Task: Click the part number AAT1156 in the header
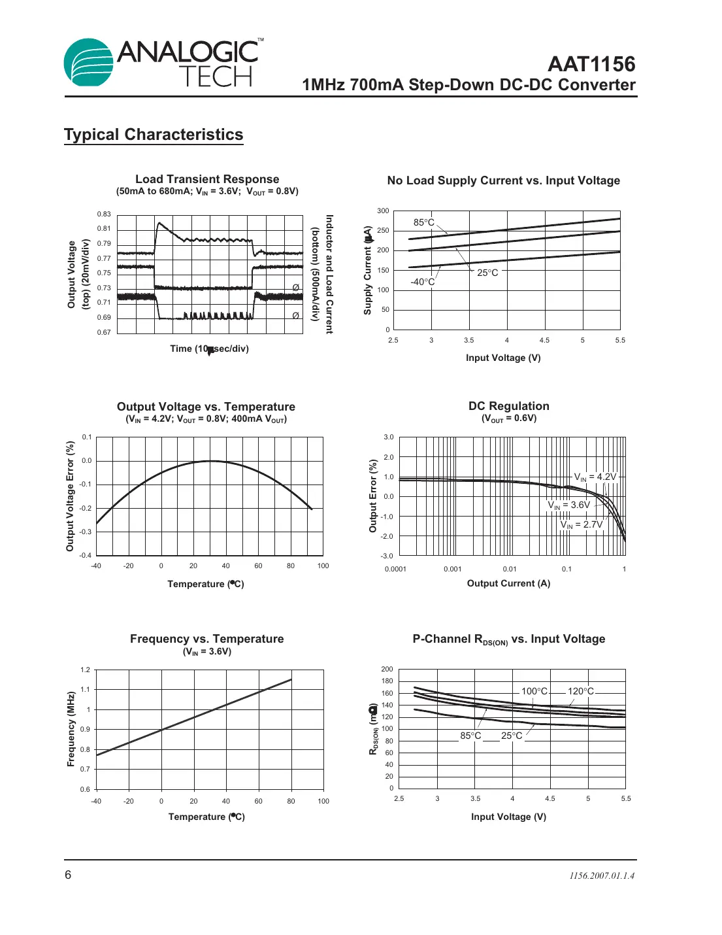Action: click(x=591, y=64)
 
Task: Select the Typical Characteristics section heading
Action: click(x=154, y=135)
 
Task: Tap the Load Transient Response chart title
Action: click(x=207, y=179)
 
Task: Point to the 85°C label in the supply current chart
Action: click(x=423, y=222)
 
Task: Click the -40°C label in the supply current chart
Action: click(x=422, y=282)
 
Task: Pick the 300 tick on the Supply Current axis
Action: click(x=383, y=211)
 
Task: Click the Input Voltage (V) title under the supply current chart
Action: click(x=503, y=358)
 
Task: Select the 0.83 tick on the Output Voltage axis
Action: click(x=104, y=214)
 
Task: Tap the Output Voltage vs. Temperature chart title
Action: click(x=206, y=407)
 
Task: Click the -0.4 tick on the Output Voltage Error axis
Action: click(x=86, y=555)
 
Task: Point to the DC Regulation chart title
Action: click(x=508, y=406)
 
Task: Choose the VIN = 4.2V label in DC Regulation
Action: click(x=595, y=477)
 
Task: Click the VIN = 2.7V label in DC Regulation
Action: click(x=581, y=524)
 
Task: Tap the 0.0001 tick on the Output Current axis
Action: click(x=395, y=569)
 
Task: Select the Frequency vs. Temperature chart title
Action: click(x=206, y=639)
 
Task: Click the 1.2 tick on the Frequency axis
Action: click(x=85, y=670)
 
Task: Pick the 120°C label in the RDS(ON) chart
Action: click(x=580, y=691)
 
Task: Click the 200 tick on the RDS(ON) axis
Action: click(x=387, y=669)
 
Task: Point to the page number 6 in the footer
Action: click(x=68, y=875)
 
